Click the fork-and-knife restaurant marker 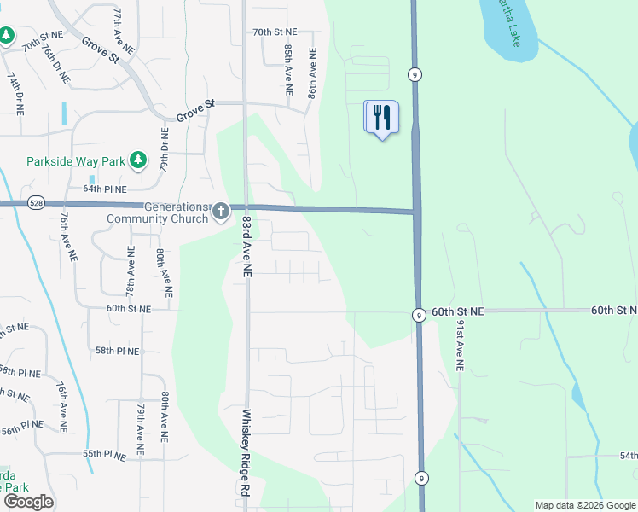(x=381, y=117)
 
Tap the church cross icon (x=221, y=210)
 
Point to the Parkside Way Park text (x=74, y=160)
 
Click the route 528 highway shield (x=36, y=203)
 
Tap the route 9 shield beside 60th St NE (x=419, y=315)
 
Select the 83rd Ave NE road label (x=246, y=246)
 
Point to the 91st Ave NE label (x=458, y=345)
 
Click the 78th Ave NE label (x=130, y=271)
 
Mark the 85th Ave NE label (x=288, y=71)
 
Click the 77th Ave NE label (x=123, y=32)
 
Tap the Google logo (x=28, y=502)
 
